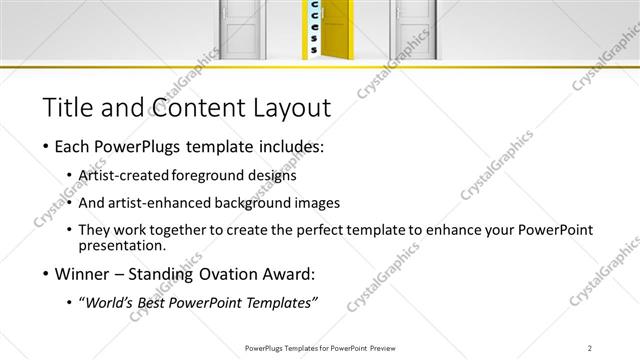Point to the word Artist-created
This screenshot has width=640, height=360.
pyautogui.click(x=127, y=175)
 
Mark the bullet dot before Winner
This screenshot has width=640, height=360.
pyautogui.click(x=46, y=273)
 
